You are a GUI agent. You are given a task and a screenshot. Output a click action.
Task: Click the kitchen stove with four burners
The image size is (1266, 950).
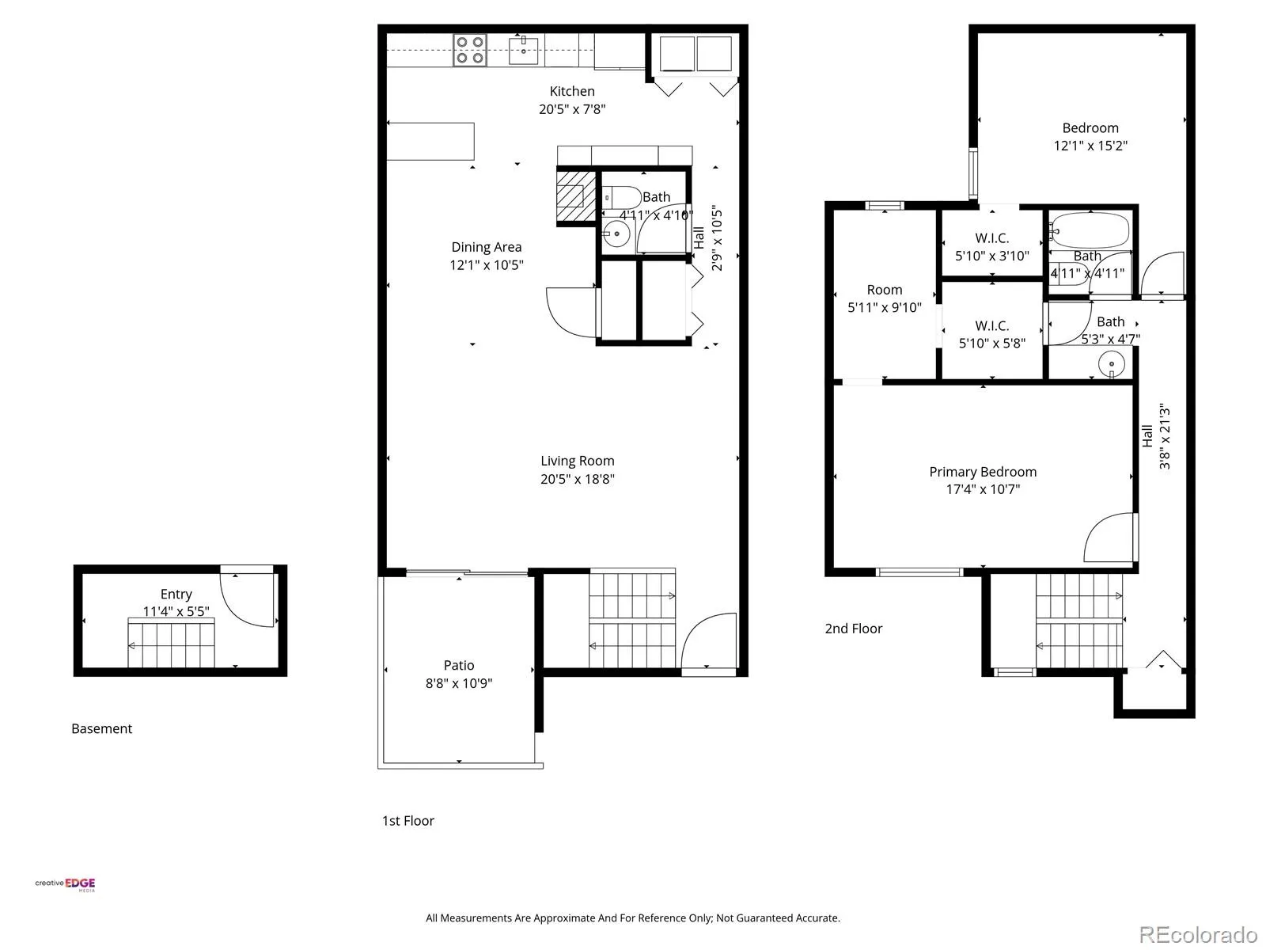[x=469, y=50]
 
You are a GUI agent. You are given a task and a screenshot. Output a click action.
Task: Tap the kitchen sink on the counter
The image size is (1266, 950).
[x=523, y=51]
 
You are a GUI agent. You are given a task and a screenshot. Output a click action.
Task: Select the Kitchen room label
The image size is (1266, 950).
[x=571, y=91]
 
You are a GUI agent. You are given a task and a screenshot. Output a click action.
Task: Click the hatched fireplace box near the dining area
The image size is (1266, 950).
[x=575, y=196]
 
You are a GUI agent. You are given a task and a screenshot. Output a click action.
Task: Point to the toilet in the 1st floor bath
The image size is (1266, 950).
[x=621, y=198]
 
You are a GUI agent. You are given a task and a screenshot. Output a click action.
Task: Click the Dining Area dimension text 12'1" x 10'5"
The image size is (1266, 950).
[x=486, y=264]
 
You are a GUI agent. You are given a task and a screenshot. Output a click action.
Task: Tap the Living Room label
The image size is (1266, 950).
[x=577, y=461]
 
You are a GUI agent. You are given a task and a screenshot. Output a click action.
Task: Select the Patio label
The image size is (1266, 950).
[x=458, y=665]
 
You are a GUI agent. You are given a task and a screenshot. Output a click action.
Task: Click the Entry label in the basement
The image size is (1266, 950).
[x=176, y=594]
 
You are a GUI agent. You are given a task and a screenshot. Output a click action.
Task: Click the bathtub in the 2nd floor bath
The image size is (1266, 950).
[x=1088, y=230]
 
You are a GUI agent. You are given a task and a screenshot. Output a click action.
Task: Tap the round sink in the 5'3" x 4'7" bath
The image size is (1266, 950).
[x=1112, y=364]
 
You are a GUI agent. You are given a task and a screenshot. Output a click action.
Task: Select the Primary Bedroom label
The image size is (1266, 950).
[x=982, y=472]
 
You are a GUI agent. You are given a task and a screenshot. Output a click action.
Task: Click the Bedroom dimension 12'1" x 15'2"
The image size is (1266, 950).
[x=1090, y=146]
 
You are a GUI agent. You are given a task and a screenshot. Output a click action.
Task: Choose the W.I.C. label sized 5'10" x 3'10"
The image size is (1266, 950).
[x=992, y=237]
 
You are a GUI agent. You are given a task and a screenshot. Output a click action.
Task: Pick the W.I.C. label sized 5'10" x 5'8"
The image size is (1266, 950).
[x=992, y=325]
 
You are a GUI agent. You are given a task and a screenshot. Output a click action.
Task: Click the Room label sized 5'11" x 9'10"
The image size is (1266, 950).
[x=884, y=290]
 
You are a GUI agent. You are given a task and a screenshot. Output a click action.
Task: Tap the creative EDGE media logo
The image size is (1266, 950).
[x=65, y=884]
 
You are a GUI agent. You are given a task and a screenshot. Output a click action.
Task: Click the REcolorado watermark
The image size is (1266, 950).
[x=1198, y=934]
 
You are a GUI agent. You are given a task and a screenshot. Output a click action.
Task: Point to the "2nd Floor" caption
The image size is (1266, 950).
[x=853, y=629]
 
